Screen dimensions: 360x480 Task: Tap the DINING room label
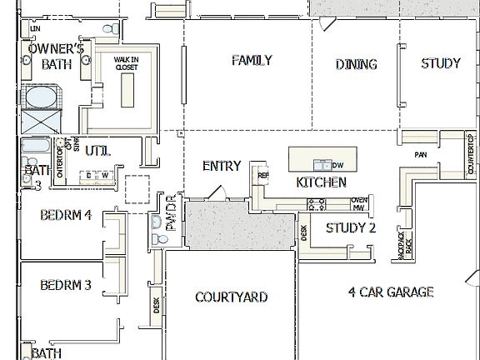(357, 64)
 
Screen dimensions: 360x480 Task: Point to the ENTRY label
(222, 166)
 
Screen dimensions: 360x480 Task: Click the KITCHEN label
(322, 182)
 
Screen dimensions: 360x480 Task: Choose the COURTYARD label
(231, 297)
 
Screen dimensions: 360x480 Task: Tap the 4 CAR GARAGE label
(392, 292)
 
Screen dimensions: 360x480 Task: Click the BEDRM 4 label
(66, 215)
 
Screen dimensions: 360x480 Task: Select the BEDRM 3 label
(66, 285)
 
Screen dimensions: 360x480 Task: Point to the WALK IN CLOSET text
(127, 64)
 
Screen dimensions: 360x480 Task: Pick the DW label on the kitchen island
(337, 165)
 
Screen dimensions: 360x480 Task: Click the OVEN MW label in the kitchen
(359, 203)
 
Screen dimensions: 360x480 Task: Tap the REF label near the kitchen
(263, 177)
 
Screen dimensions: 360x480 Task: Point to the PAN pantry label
(421, 155)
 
